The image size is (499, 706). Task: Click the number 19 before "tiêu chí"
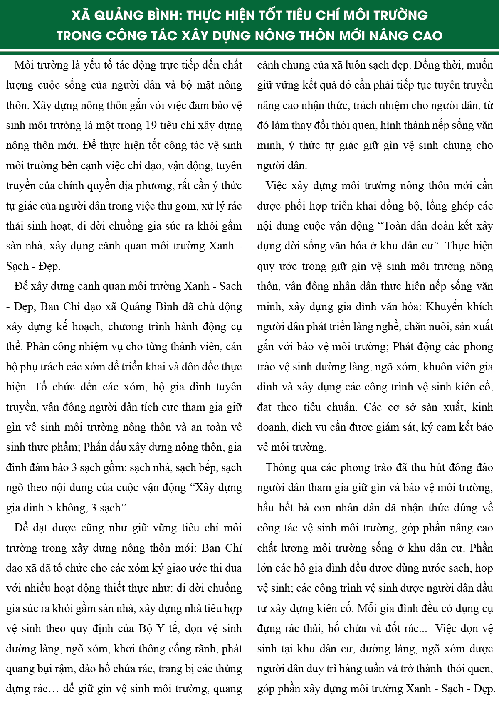tap(153, 126)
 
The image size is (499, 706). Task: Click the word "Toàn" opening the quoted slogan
tap(397, 226)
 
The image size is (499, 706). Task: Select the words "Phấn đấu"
tap(101, 447)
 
